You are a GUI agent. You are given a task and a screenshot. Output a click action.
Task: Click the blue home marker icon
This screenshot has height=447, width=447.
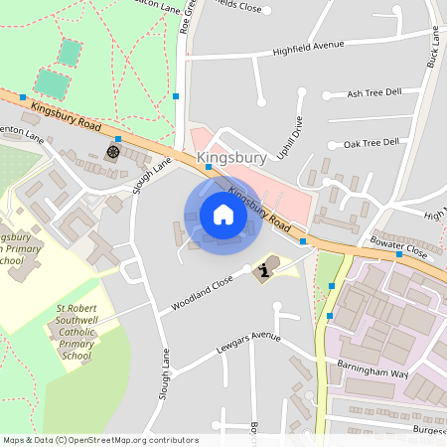click(x=223, y=214)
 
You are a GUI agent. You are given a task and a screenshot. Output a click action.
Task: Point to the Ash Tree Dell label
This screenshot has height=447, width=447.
click(x=374, y=92)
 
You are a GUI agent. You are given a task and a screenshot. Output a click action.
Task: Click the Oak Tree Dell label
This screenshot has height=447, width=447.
click(x=371, y=143)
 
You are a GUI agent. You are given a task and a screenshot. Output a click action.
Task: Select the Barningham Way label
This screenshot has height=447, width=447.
click(x=372, y=369)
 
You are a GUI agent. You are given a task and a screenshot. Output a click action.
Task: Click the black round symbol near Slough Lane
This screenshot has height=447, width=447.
click(x=112, y=152)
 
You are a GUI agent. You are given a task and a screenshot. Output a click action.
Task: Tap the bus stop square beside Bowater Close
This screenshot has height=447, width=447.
click(x=398, y=254)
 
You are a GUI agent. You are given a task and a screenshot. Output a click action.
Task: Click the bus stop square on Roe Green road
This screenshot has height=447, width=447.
click(x=176, y=96)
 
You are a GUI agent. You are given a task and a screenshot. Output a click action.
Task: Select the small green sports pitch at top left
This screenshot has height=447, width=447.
click(x=69, y=52)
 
